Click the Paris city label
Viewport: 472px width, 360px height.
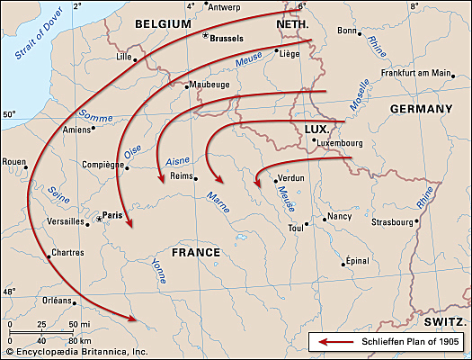point(113,215)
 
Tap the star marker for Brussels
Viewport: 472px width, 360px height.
point(206,36)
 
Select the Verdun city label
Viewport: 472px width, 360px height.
point(294,179)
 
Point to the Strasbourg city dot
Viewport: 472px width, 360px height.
point(417,221)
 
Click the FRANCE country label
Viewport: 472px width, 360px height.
point(195,252)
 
